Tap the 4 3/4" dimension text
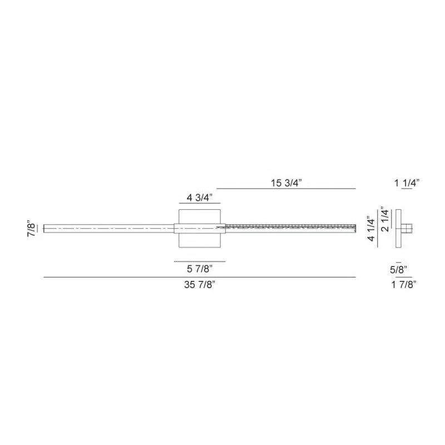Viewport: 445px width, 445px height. pos(199,197)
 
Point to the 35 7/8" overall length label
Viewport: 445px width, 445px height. pos(199,285)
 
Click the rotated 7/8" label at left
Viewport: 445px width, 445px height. pos(32,229)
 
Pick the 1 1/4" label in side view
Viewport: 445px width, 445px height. pos(406,182)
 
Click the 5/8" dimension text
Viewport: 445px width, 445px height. pos(399,270)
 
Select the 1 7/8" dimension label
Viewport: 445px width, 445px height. pos(404,285)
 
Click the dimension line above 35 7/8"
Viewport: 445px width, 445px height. pos(199,276)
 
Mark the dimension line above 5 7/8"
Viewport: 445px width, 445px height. pos(199,261)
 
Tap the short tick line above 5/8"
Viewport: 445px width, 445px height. pos(398,262)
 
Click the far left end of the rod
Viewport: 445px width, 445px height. pos(45,228)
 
